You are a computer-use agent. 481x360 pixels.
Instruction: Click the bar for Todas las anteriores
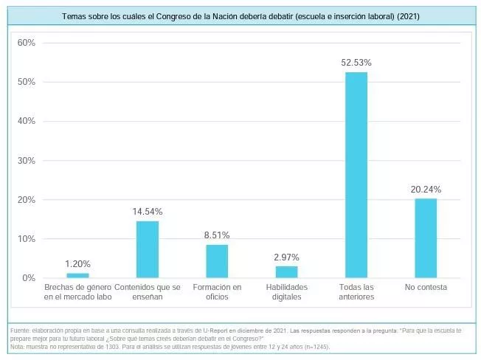(356, 175)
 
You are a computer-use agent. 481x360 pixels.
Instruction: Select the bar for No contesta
(426, 238)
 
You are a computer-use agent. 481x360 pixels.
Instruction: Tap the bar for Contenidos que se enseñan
(148, 249)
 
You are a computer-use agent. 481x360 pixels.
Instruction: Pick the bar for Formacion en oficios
(217, 261)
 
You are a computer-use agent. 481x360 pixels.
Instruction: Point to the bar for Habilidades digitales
(286, 272)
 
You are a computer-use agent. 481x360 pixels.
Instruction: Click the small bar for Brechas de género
(78, 275)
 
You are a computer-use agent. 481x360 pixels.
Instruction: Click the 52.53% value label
(356, 63)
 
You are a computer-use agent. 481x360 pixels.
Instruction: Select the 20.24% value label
(426, 189)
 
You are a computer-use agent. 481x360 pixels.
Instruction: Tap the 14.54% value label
(148, 212)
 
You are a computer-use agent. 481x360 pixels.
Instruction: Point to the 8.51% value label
(217, 235)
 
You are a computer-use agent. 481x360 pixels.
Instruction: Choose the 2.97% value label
(286, 257)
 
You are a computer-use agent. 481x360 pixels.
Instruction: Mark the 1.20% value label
(78, 263)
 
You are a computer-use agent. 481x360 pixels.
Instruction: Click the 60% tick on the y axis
(27, 43)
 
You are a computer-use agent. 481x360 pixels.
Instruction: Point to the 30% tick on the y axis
(27, 160)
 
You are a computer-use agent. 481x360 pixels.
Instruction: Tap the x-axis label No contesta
(426, 287)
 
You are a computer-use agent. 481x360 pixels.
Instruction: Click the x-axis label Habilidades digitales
(286, 291)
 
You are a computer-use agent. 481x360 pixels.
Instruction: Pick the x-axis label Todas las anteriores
(356, 291)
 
